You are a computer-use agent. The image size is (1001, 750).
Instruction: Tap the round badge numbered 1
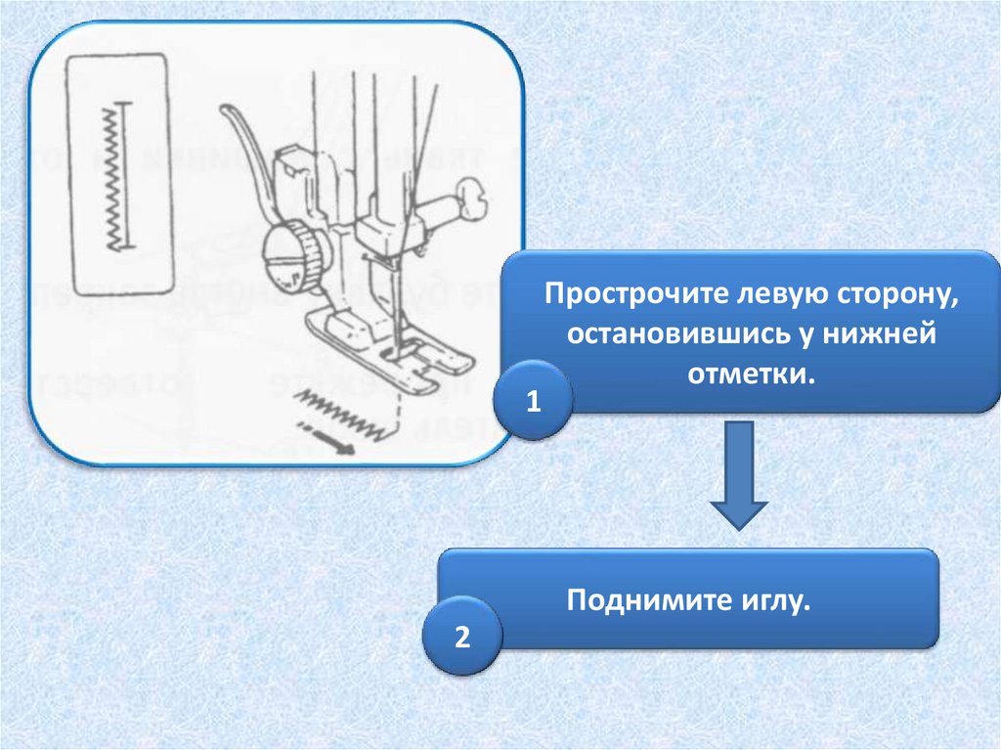[x=534, y=403]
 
